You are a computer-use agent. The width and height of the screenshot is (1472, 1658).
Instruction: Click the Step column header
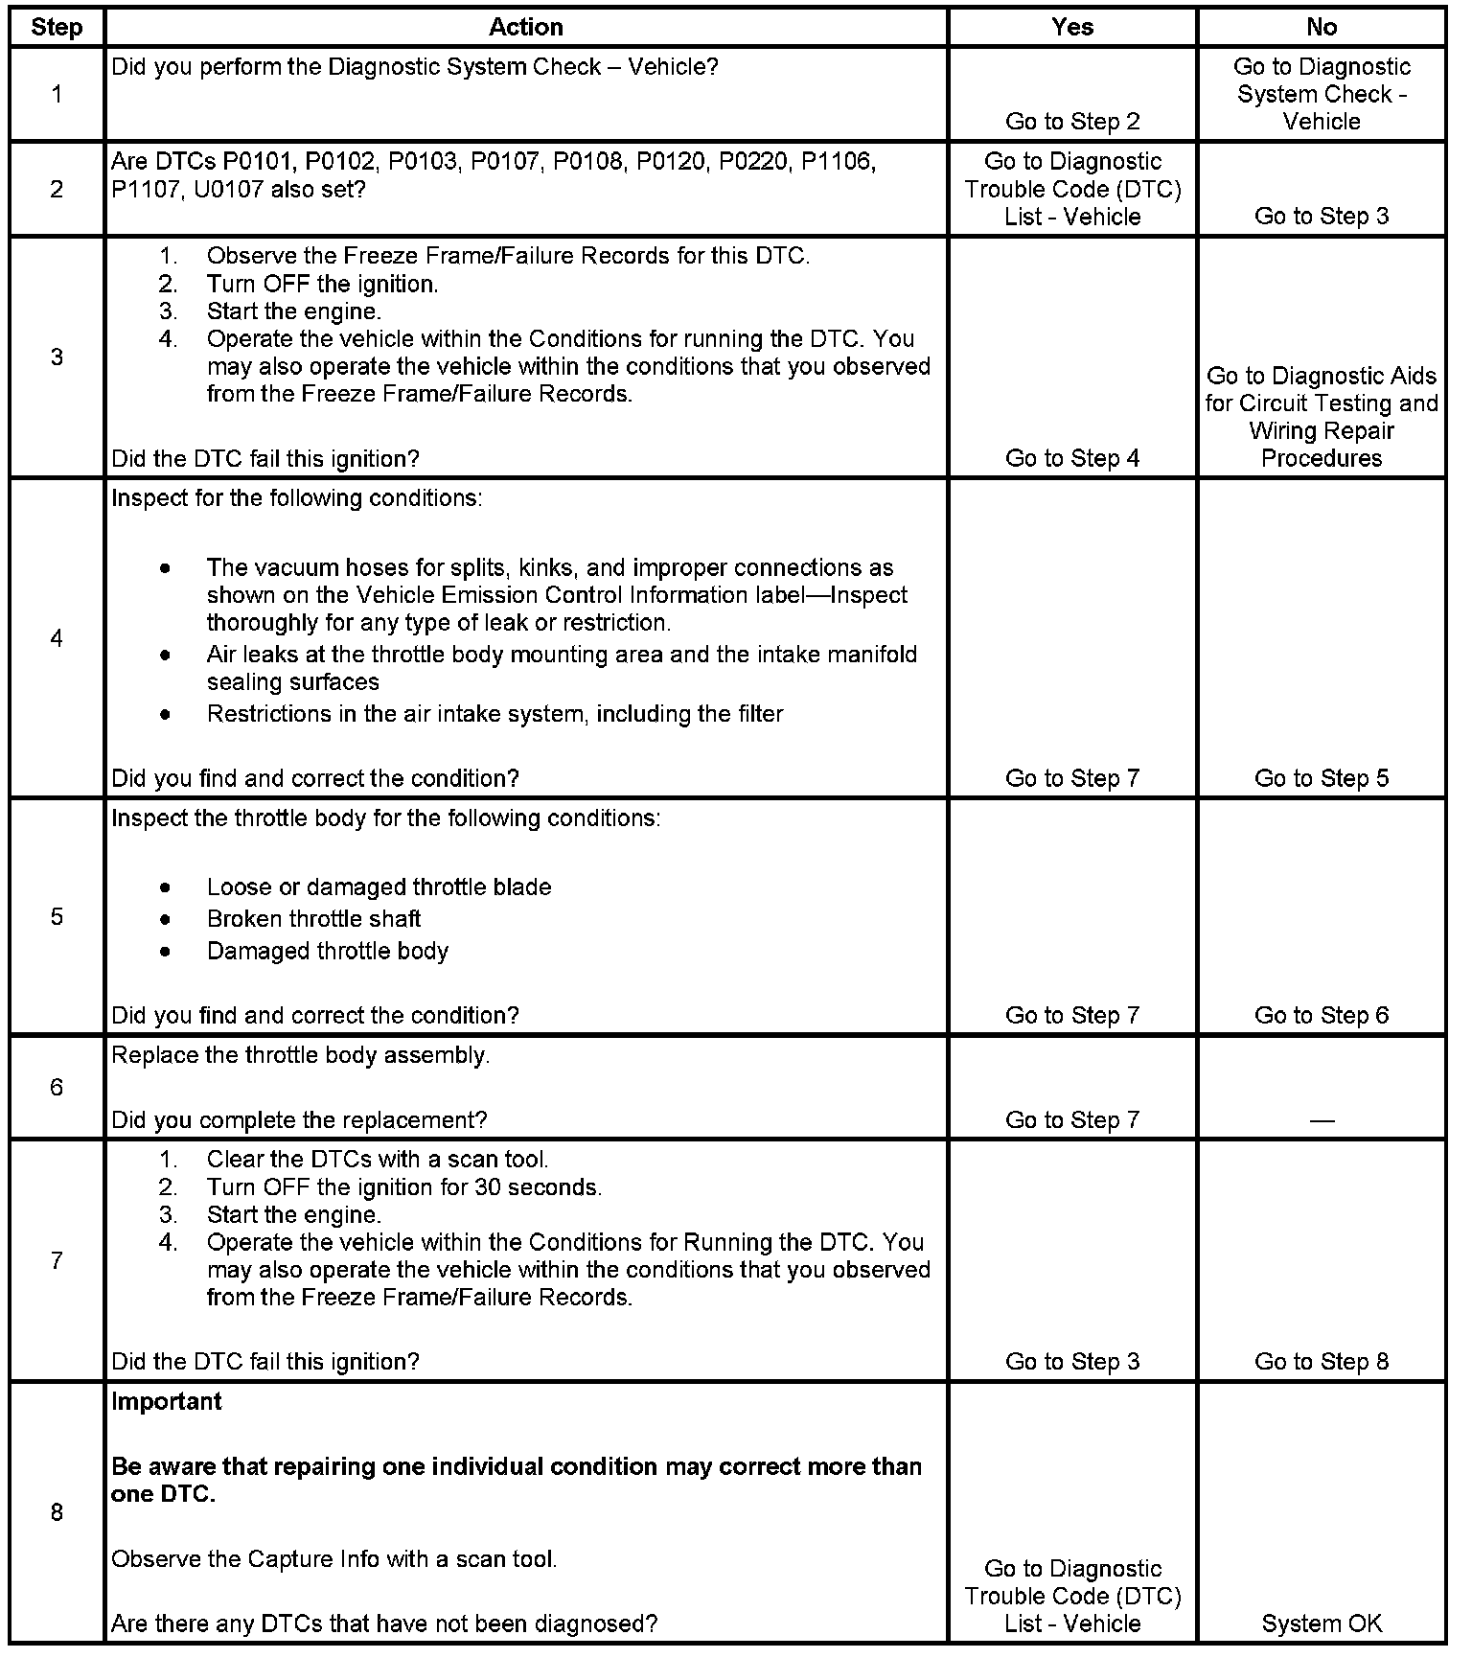pos(57,27)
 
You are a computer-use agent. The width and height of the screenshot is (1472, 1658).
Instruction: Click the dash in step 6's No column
pos(1322,1119)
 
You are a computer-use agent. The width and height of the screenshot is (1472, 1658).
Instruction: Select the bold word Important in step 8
pos(167,1401)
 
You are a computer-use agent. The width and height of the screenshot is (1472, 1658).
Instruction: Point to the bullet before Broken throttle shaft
pos(167,919)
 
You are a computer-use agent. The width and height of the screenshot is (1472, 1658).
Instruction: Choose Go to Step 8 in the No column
pos(1322,1361)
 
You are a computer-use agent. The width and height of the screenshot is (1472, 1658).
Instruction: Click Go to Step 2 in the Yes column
pos(1072,121)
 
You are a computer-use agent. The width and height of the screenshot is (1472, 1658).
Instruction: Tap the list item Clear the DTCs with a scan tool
pos(378,1160)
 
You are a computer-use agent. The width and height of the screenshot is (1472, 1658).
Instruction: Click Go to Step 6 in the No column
pos(1322,1015)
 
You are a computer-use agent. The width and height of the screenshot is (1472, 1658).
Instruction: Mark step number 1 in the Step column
pos(57,94)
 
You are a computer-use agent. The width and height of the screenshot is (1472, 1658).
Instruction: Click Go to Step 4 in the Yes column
pos(1072,458)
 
